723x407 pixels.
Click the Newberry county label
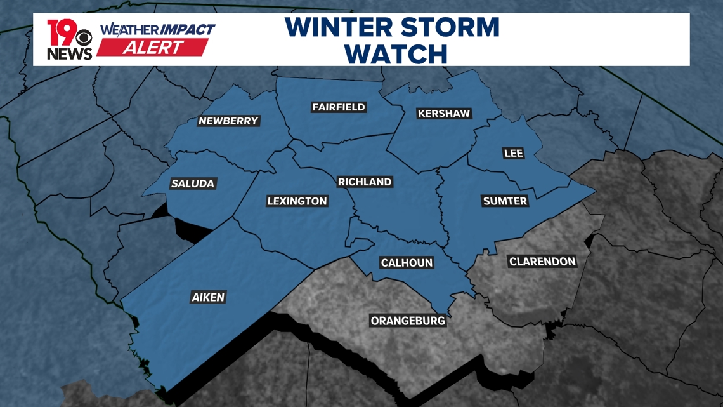[228, 121]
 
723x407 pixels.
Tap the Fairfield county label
[339, 107]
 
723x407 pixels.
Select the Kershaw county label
[444, 114]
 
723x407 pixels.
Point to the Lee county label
[513, 153]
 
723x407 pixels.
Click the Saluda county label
[193, 183]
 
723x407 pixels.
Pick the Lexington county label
[297, 201]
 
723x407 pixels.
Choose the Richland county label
[365, 182]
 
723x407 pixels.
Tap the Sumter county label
[505, 201]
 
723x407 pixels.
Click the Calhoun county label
[407, 263]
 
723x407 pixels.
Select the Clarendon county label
[542, 262]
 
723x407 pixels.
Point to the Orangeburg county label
[408, 321]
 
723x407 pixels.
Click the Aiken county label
[208, 297]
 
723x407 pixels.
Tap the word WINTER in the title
[337, 28]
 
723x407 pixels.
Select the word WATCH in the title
[398, 55]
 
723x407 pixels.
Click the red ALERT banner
[153, 48]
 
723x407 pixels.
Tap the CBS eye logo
[84, 38]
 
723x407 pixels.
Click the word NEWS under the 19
[70, 54]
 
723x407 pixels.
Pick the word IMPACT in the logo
[187, 30]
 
